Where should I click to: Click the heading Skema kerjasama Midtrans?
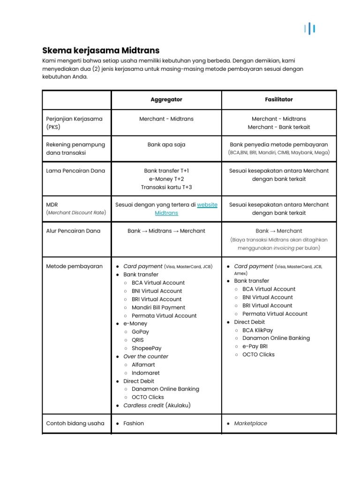(x=101, y=50)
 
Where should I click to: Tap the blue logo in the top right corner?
(x=309, y=29)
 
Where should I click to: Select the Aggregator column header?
(x=166, y=100)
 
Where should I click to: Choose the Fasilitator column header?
(x=279, y=100)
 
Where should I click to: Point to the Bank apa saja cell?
(x=166, y=145)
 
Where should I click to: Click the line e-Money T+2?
(x=166, y=179)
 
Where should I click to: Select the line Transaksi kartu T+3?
(x=166, y=187)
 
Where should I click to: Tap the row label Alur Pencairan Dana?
(x=73, y=231)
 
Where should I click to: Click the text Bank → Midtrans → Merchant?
(x=166, y=231)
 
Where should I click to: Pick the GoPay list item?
(x=140, y=332)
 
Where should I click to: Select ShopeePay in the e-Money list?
(x=146, y=348)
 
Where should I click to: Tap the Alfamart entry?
(x=143, y=365)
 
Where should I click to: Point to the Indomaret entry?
(x=145, y=373)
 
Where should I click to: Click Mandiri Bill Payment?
(x=158, y=307)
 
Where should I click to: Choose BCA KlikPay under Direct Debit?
(x=257, y=330)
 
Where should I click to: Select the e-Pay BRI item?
(x=255, y=346)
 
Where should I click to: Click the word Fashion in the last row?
(x=134, y=423)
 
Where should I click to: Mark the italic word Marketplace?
(x=250, y=423)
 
